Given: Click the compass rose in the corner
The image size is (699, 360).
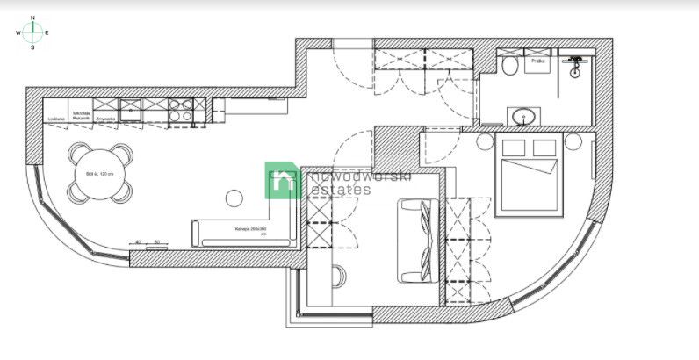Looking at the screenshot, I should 33,32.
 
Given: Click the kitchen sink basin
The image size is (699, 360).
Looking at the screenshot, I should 131,110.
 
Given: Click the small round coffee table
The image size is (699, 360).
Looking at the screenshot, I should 235,198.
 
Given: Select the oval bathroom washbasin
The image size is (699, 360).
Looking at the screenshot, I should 521,115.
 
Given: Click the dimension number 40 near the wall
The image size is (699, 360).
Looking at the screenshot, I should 137,241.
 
